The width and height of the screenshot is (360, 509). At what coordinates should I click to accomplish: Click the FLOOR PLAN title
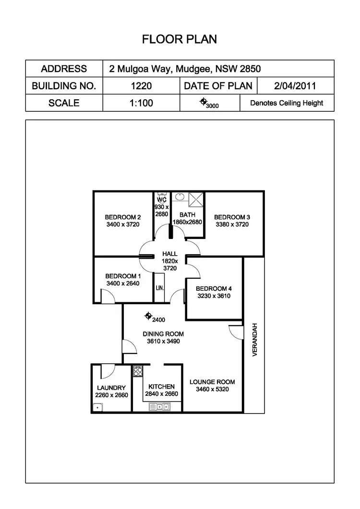tap(179, 39)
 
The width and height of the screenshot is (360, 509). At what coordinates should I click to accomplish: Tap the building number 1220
tap(141, 86)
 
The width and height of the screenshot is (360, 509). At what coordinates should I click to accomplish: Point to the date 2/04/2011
tap(295, 86)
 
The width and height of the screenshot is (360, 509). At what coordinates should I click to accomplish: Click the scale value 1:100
tap(141, 103)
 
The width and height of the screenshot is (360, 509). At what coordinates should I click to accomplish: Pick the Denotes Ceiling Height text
tap(287, 103)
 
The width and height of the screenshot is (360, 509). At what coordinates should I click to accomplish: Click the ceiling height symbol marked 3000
tap(204, 102)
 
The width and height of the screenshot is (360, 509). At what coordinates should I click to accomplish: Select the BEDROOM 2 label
tap(122, 217)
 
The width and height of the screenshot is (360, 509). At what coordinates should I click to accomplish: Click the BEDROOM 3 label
tap(232, 217)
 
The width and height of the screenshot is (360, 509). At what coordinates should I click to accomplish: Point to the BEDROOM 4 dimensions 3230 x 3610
tap(214, 296)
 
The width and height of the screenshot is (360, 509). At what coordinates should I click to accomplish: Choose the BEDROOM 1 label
tap(122, 276)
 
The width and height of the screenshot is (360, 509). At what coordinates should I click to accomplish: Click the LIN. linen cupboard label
tap(159, 288)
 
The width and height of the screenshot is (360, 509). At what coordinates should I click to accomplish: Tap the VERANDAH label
tap(254, 339)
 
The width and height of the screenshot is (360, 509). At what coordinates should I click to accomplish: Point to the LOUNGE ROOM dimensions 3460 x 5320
tap(212, 390)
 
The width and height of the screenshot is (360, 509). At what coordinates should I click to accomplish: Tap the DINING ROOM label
tap(163, 334)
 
